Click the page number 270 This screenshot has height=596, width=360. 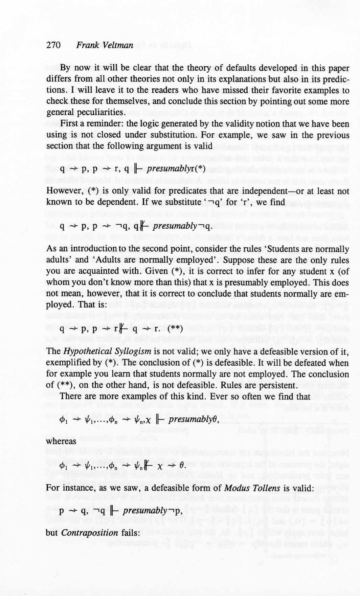coord(53,45)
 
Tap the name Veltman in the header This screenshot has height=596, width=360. coord(117,45)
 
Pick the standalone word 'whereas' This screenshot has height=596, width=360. coord(61,441)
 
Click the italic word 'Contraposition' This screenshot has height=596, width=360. coord(90,532)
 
